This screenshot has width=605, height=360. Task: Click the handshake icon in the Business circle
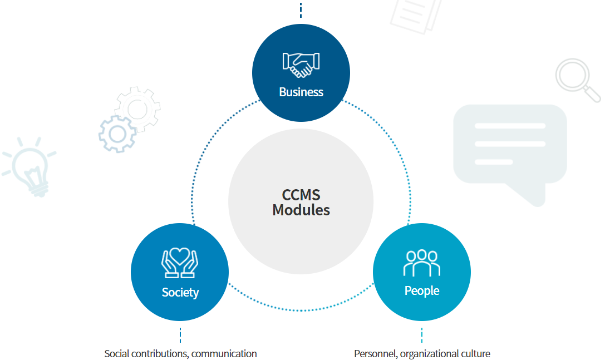(x=301, y=65)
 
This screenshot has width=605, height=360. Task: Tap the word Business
(x=301, y=92)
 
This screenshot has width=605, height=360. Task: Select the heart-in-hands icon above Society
(x=180, y=263)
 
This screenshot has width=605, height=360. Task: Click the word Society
(x=180, y=292)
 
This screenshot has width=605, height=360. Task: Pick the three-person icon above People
(x=421, y=263)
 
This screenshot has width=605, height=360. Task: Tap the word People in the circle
(x=421, y=290)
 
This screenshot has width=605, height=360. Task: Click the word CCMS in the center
(x=301, y=195)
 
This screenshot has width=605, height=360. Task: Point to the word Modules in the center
(x=301, y=210)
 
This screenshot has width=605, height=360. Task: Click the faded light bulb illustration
(x=31, y=167)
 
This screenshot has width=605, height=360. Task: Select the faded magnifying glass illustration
(x=577, y=78)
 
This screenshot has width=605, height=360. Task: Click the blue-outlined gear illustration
(x=117, y=134)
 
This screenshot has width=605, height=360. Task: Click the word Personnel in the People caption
(x=375, y=354)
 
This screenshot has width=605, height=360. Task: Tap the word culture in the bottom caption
(x=475, y=354)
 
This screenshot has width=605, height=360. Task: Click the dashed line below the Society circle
(x=180, y=335)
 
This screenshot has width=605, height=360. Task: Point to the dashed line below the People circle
(x=422, y=335)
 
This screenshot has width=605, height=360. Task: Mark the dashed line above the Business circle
(x=301, y=10)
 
